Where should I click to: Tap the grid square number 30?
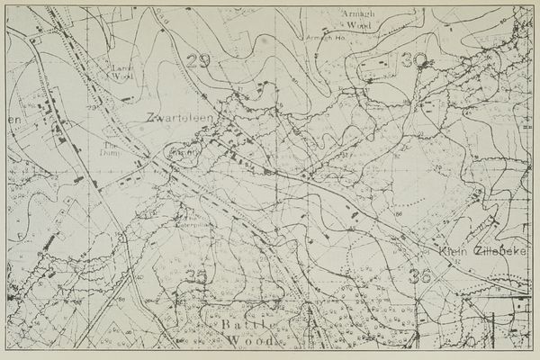[x=414, y=60]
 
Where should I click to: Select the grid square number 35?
[x=195, y=276]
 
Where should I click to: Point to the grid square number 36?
[x=418, y=275]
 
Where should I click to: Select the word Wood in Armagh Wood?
[x=357, y=26]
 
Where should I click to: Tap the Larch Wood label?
[x=120, y=72]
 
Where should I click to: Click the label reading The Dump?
[x=112, y=148]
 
